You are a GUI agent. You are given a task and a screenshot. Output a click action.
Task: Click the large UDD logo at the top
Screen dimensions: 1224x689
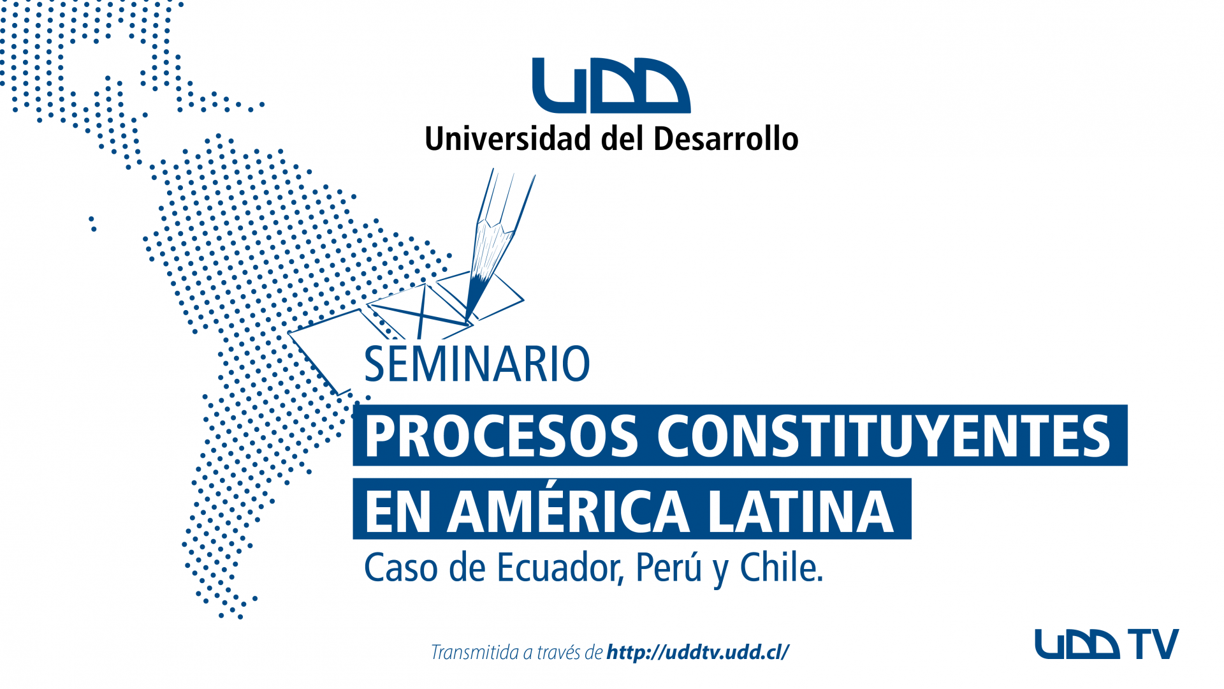pos(611,85)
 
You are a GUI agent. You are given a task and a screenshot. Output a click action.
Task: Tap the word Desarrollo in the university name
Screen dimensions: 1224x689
pos(726,138)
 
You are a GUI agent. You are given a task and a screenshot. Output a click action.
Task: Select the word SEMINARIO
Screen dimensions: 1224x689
pos(477,364)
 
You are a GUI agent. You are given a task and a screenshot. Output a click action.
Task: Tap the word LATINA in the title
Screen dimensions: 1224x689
pos(801,511)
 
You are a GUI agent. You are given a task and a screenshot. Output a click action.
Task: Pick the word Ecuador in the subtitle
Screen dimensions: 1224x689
pos(560,567)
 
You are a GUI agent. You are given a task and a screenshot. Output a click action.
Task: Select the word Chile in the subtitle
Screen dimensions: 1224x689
pos(782,567)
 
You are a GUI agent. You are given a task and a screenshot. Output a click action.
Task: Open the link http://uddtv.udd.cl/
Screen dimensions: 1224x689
pos(698,652)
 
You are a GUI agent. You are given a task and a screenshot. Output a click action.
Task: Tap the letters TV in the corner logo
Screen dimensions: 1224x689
pos(1153,644)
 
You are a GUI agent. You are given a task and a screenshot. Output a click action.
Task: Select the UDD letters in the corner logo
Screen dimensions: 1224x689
pos(1077,644)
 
